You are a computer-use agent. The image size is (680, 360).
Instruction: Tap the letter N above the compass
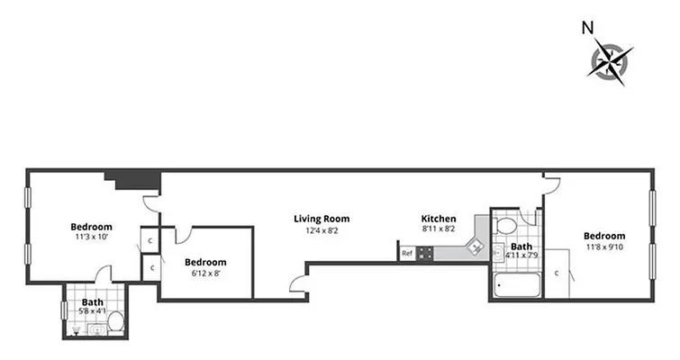click(587, 27)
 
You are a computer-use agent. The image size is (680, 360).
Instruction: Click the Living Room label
click(322, 219)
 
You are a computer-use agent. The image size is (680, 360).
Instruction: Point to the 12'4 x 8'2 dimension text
click(322, 230)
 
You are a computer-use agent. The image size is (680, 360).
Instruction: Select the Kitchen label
click(439, 219)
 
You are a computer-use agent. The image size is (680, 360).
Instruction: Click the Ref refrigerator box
click(407, 254)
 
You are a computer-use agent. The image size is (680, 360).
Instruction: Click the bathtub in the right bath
click(517, 287)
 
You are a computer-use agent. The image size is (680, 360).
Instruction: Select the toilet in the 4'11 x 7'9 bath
click(505, 225)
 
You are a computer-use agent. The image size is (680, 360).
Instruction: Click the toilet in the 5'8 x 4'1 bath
click(98, 329)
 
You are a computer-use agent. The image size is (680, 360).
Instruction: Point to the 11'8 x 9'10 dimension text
click(604, 247)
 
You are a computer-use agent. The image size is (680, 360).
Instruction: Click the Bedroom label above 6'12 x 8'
click(205, 263)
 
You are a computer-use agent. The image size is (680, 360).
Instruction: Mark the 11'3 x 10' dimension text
click(91, 238)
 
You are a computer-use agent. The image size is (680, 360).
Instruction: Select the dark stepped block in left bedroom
click(132, 179)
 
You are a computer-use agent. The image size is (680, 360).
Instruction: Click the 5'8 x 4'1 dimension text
click(92, 311)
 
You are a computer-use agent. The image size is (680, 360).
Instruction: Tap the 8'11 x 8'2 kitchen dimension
click(439, 230)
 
